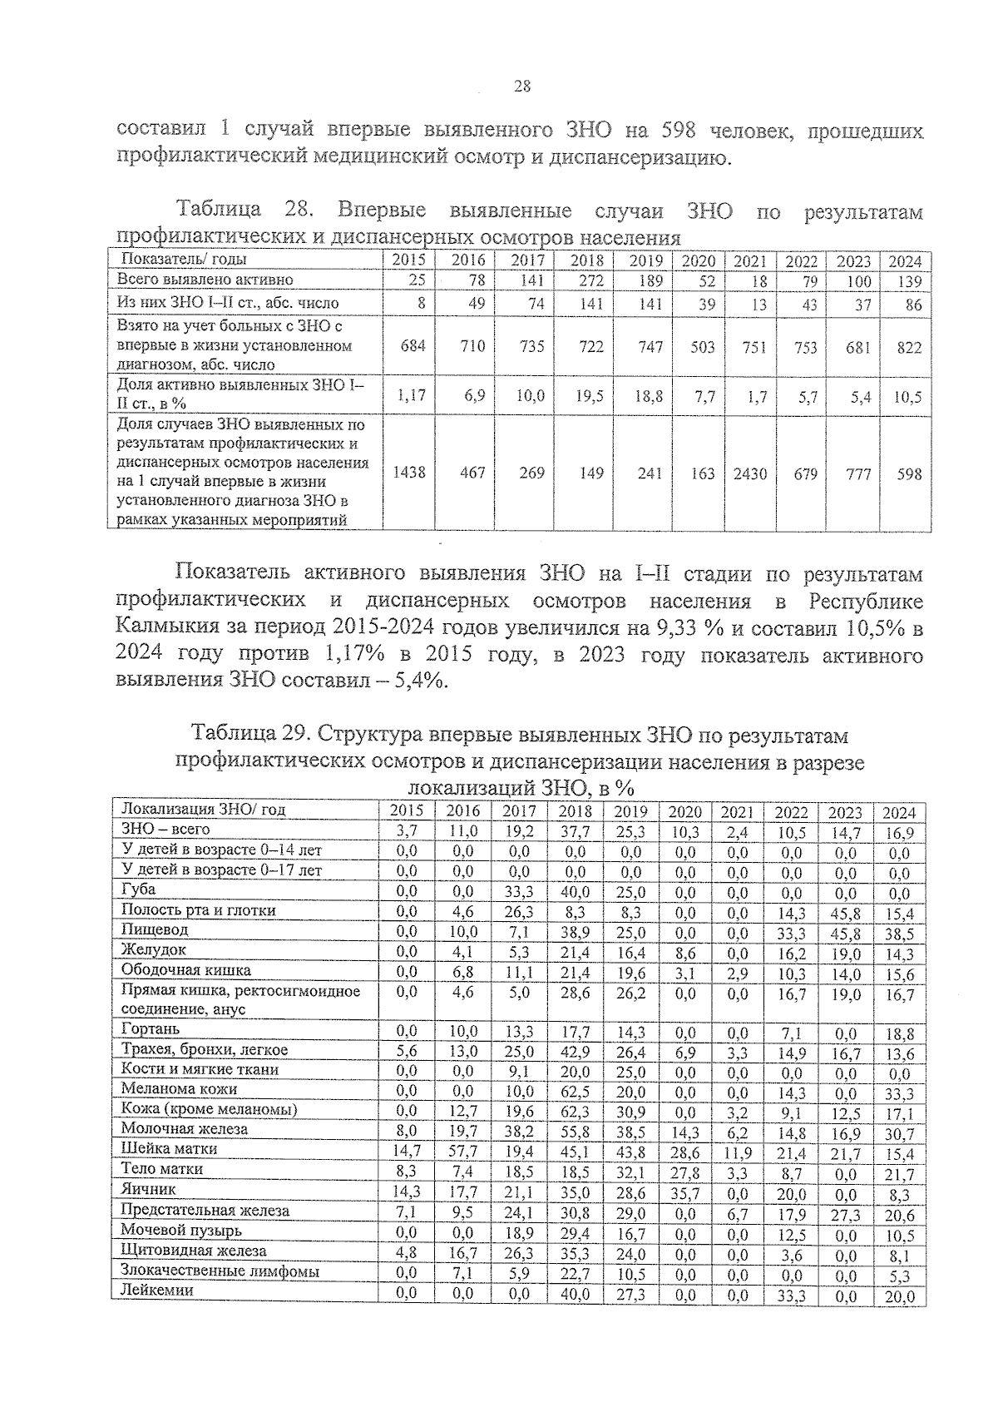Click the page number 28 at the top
(522, 86)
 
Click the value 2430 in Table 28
(750, 473)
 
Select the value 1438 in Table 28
(408, 473)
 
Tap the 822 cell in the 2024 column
(909, 347)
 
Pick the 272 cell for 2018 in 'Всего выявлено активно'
(590, 281)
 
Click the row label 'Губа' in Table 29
(139, 889)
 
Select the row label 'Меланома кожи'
(179, 1088)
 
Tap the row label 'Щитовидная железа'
(194, 1251)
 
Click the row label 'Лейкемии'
(157, 1291)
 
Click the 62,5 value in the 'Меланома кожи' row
(575, 1090)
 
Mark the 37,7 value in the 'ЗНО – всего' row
(575, 831)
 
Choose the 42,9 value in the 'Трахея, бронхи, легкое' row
(575, 1052)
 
